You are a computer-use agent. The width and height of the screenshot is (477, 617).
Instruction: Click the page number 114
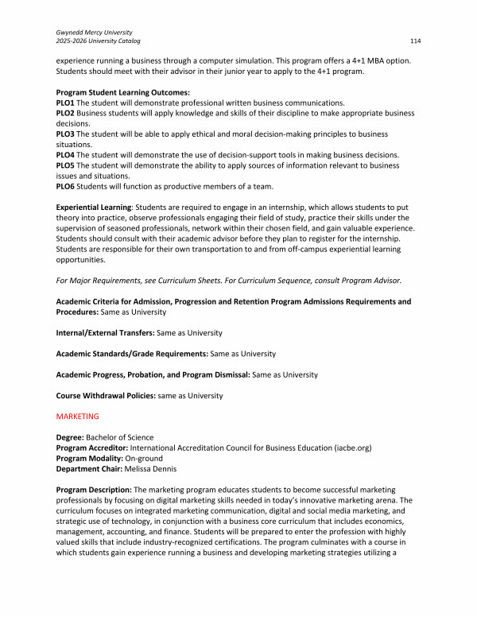[415, 40]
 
